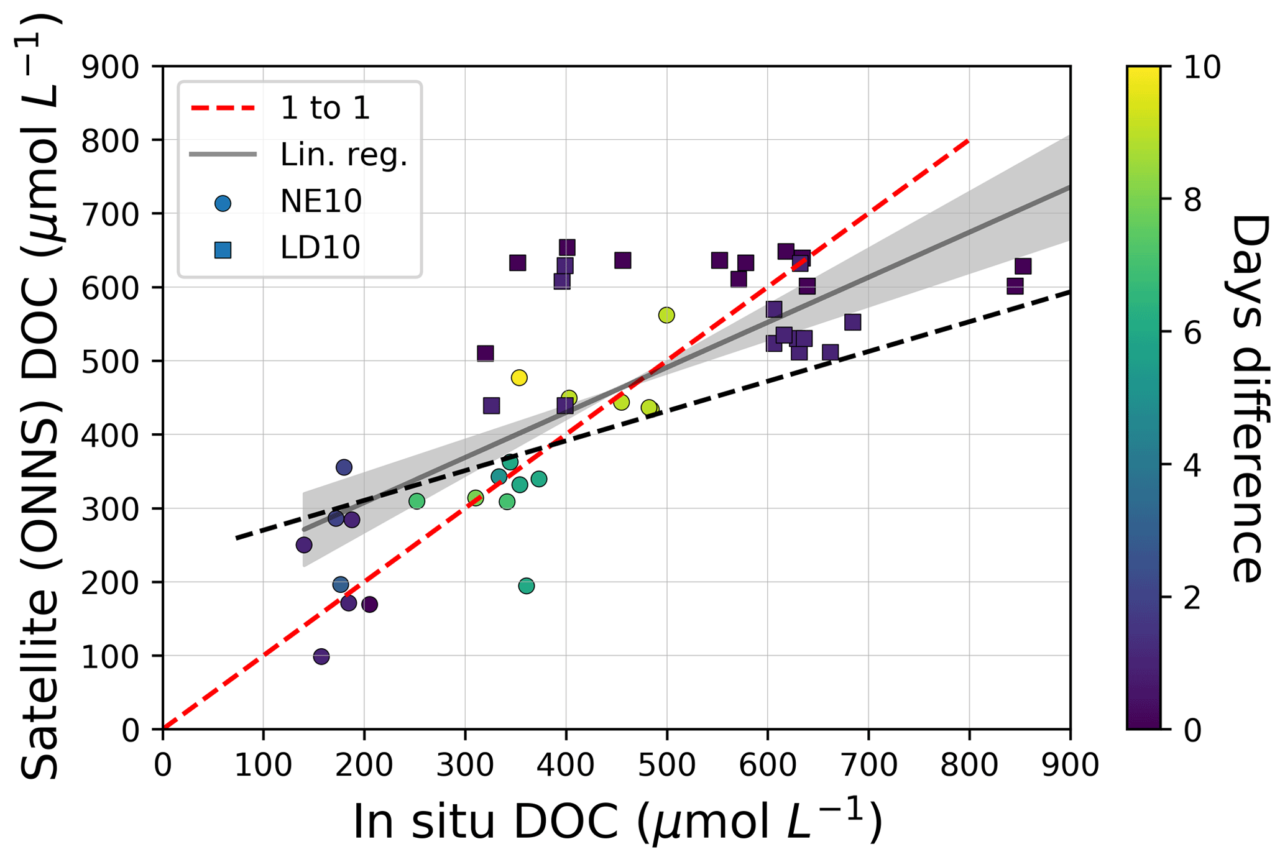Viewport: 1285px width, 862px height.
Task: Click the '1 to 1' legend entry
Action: [325, 108]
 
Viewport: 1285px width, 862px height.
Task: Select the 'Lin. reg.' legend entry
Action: [343, 155]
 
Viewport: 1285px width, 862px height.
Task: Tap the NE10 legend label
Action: [321, 201]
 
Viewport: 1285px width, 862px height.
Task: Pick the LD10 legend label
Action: [320, 248]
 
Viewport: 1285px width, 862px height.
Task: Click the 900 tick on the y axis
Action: [110, 67]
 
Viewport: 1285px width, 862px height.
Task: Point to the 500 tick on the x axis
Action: [666, 765]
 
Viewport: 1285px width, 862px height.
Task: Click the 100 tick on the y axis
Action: [110, 656]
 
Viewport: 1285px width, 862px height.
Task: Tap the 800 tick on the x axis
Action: [969, 765]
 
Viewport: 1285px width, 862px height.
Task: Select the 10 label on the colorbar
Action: [1201, 67]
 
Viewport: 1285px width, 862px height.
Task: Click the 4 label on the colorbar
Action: [1192, 465]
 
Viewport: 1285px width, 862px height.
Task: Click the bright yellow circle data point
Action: [519, 378]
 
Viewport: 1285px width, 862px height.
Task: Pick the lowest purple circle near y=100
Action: [321, 656]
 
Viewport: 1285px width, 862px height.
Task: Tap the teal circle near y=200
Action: [527, 586]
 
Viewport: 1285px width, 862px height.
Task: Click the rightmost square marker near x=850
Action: [1023, 267]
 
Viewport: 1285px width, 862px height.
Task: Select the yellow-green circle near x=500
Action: [666, 316]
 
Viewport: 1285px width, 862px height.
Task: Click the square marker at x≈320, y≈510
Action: [486, 354]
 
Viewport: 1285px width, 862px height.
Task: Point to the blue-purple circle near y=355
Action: [344, 467]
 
